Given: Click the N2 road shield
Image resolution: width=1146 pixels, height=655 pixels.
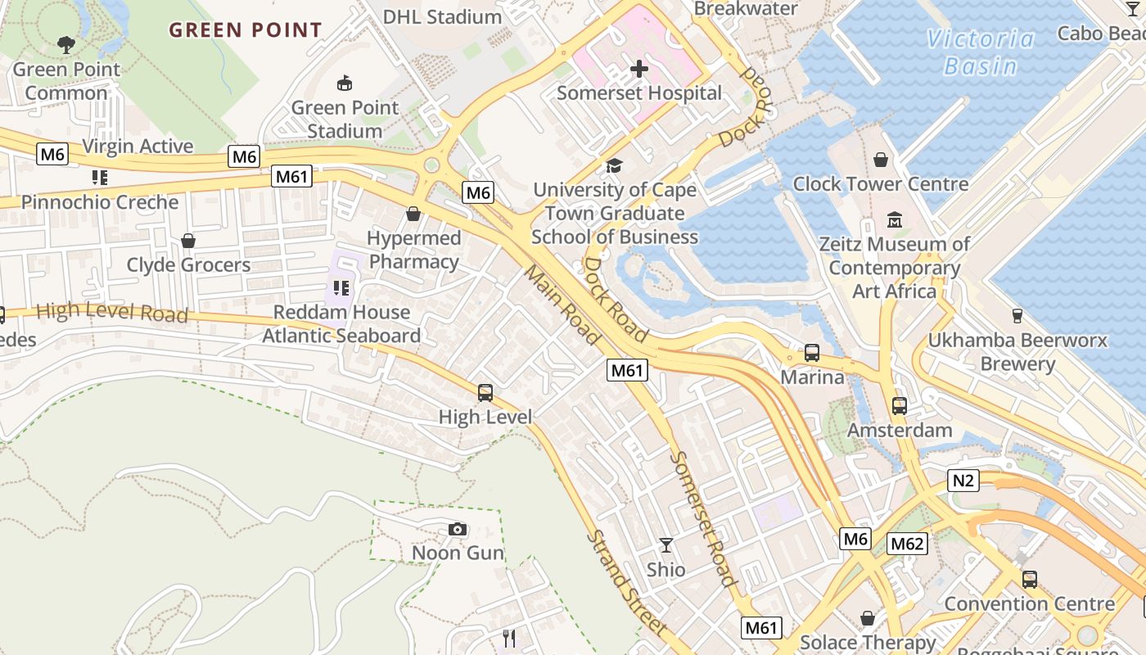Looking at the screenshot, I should tap(963, 481).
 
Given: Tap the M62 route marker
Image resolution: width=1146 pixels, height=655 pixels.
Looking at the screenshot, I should tap(907, 544).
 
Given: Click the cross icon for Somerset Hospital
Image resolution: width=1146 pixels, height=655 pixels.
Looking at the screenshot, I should tap(638, 69).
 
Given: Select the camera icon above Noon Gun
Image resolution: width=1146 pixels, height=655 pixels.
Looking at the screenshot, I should tap(458, 530).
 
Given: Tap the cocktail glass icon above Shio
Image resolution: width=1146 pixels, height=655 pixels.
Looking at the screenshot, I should tap(666, 545).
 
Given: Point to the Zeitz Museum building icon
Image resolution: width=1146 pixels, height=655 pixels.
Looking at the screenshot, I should tap(894, 220).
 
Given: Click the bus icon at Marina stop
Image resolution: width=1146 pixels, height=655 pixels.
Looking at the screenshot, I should tap(812, 353).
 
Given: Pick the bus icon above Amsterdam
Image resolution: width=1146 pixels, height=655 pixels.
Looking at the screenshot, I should tap(899, 405).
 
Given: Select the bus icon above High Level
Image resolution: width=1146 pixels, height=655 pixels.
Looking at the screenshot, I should tap(485, 393).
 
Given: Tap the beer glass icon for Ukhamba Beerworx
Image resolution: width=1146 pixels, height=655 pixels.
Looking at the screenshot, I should tap(1017, 315).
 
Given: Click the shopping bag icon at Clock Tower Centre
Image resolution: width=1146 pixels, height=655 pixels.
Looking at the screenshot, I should tap(881, 160).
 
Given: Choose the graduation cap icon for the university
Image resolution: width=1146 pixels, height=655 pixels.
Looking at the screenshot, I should tap(614, 166).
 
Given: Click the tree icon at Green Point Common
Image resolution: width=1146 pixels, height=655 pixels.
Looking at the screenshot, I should tap(66, 45).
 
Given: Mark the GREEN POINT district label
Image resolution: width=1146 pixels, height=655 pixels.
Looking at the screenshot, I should tap(246, 30).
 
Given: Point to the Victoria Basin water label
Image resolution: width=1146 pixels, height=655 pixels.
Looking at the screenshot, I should tap(980, 52).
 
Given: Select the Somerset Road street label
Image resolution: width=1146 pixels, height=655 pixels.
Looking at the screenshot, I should tap(702, 518).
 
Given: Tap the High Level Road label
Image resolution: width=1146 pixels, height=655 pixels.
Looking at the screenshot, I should tap(112, 312).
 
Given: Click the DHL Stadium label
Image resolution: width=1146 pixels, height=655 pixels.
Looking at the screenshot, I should tap(442, 16).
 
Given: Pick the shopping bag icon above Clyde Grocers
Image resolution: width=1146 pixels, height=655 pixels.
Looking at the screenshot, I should tap(188, 241).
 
